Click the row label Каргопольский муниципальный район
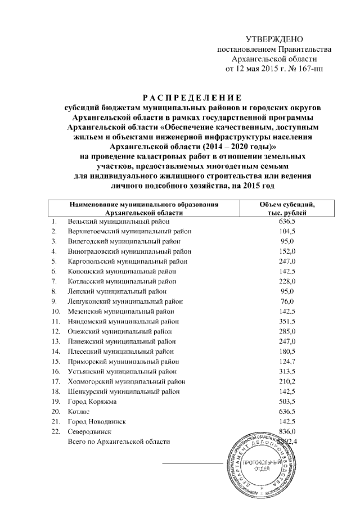pos(127,262)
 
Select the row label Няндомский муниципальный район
pos(123,321)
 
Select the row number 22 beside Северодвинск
pos(55,431)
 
